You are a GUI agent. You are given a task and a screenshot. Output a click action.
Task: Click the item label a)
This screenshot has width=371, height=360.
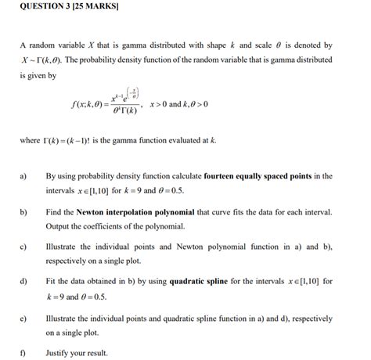pos(23,176)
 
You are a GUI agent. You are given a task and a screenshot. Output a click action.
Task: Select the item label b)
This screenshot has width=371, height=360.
pos(23,212)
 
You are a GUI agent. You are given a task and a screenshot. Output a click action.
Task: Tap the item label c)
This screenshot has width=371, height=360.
pos(23,247)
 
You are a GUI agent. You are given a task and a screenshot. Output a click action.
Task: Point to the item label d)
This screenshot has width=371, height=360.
pos(23,281)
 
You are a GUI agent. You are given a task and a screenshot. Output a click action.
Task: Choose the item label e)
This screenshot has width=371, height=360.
pos(23,319)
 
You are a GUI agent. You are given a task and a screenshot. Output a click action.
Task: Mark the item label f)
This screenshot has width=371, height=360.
pos(23,353)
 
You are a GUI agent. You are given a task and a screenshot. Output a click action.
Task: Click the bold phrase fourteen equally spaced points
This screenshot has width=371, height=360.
pos(258,176)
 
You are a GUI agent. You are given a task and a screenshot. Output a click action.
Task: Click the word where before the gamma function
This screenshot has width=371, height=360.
pos(31,140)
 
